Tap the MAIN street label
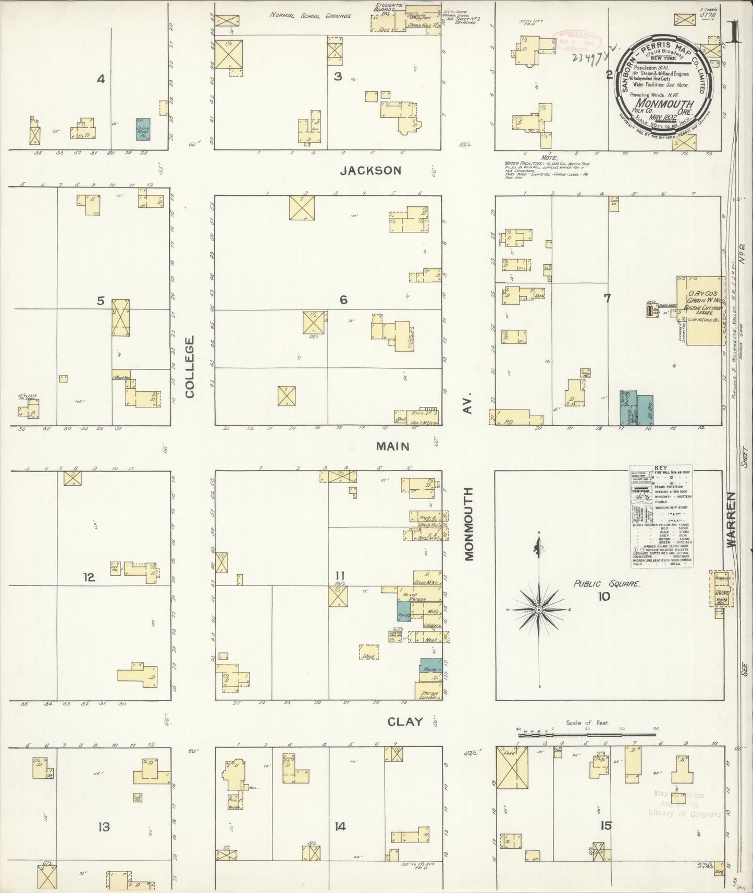click(x=392, y=446)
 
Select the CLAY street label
click(x=405, y=722)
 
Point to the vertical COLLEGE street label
click(x=189, y=367)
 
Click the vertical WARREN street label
click(x=732, y=519)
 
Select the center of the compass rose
click(x=539, y=609)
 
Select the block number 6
click(x=343, y=300)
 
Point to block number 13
click(x=104, y=826)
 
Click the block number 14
click(x=340, y=826)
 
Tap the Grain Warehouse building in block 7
click(x=701, y=310)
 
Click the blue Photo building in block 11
click(x=431, y=670)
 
